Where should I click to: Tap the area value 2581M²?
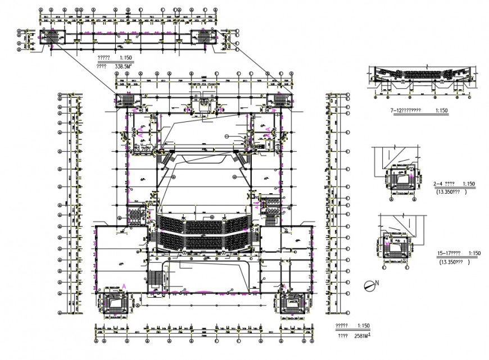coord(362,335)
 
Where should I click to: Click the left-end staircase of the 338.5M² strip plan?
coord(54,38)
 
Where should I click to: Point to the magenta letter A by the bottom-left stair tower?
coord(124,286)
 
